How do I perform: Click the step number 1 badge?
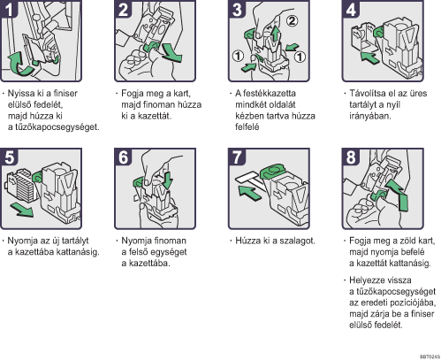[x=8, y=9]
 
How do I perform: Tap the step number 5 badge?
[x=9, y=157]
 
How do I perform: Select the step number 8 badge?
[x=351, y=157]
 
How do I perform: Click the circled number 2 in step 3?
[x=292, y=21]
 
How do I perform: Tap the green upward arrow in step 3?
[x=275, y=34]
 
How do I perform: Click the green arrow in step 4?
[x=369, y=57]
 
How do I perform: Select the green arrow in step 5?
[x=22, y=210]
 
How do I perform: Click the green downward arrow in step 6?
[x=167, y=180]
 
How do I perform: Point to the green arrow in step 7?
[x=250, y=193]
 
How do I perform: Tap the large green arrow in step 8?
[x=399, y=195]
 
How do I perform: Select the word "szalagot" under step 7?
[x=297, y=241]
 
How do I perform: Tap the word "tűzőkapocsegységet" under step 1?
[x=56, y=127]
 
